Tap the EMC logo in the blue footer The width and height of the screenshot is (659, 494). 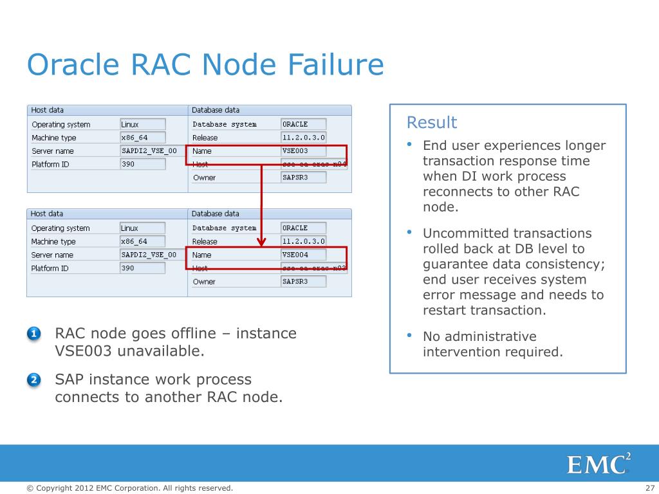pyautogui.click(x=599, y=464)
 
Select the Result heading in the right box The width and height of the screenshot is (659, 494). pyautogui.click(x=432, y=122)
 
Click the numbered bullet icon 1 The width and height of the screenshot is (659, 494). pyautogui.click(x=34, y=334)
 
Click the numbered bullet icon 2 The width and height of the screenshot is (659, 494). pyautogui.click(x=34, y=380)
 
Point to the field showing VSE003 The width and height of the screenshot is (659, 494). pyautogui.click(x=303, y=151)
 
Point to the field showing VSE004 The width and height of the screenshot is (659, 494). pyautogui.click(x=303, y=255)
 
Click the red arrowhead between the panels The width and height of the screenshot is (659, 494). pyautogui.click(x=262, y=242)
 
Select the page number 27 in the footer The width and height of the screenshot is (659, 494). pyautogui.click(x=649, y=488)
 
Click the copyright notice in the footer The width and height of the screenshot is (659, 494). pyautogui.click(x=129, y=488)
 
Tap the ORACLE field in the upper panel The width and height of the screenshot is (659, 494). pyautogui.click(x=303, y=124)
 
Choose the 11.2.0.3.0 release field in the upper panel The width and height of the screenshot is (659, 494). pyautogui.click(x=303, y=138)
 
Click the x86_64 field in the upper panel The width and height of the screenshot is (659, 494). pyautogui.click(x=142, y=138)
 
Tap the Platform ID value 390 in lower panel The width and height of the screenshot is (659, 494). pyautogui.click(x=142, y=268)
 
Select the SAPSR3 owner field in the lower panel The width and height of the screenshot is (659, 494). pyautogui.click(x=303, y=282)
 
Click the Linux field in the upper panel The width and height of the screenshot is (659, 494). pyautogui.click(x=142, y=124)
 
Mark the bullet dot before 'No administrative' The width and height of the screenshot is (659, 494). pyautogui.click(x=409, y=336)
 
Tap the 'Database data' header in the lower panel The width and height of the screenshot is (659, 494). pyautogui.click(x=215, y=214)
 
